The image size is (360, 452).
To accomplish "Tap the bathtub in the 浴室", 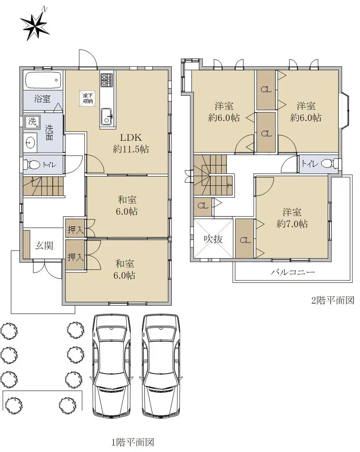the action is click(x=43, y=80).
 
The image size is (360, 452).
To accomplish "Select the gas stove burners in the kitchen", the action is click(x=107, y=80).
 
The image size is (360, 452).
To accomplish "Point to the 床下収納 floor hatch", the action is click(x=87, y=99).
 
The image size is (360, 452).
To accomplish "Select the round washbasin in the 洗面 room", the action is click(x=30, y=142).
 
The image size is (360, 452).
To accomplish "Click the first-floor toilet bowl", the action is click(x=33, y=165).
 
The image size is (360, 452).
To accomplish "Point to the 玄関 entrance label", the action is click(x=44, y=245).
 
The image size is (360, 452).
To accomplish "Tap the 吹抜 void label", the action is click(x=213, y=239).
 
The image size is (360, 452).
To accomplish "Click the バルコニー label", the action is click(x=293, y=272).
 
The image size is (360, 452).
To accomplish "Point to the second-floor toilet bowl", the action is click(x=329, y=163).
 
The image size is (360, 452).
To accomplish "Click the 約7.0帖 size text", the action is click(x=292, y=224).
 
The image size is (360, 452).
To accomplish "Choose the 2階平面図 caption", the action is click(x=333, y=300).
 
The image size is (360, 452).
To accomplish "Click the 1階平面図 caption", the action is click(x=133, y=442).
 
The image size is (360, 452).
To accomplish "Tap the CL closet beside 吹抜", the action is click(x=245, y=239).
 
